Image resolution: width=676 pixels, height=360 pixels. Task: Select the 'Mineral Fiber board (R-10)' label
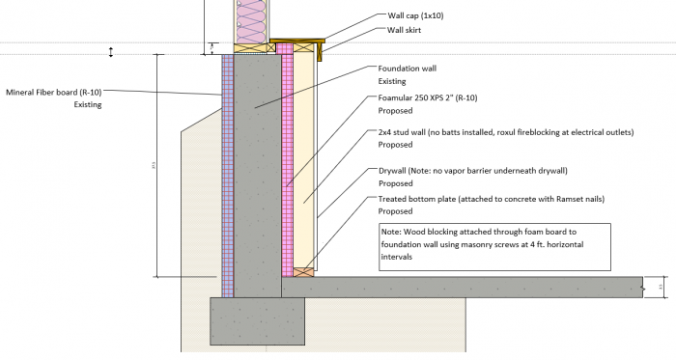pyautogui.click(x=53, y=93)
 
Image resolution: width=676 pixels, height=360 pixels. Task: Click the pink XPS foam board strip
pyautogui.click(x=287, y=164)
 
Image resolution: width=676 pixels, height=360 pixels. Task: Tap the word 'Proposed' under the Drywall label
pyautogui.click(x=396, y=183)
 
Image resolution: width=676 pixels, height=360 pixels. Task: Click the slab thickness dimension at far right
pyautogui.click(x=659, y=287)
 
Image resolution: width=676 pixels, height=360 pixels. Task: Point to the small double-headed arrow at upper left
pyautogui.click(x=111, y=51)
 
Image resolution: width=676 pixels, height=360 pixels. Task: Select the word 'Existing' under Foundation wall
pyautogui.click(x=392, y=81)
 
